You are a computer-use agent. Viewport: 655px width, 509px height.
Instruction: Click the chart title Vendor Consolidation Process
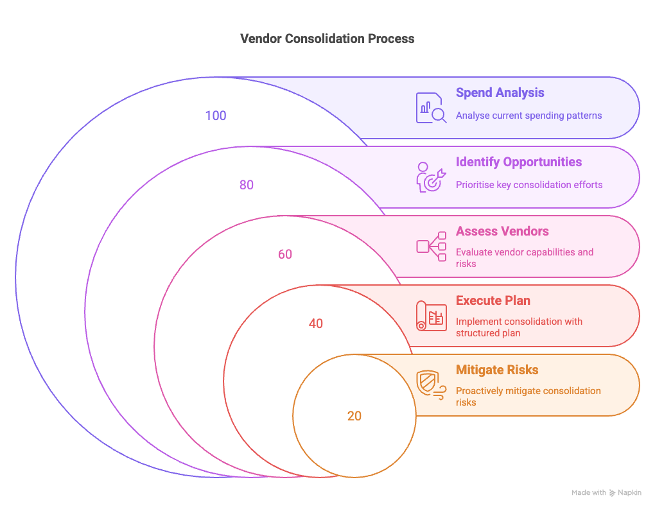(327, 39)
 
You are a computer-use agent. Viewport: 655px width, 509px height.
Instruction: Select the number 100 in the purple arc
(216, 116)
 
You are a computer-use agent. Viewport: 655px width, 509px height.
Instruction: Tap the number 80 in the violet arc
(247, 185)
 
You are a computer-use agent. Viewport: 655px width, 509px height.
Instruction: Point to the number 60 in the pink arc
(285, 254)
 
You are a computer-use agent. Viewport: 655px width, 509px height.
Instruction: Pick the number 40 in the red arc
(315, 324)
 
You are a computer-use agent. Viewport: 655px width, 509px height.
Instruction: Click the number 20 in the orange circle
(354, 416)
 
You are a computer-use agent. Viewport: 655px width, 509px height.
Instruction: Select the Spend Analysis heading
(500, 92)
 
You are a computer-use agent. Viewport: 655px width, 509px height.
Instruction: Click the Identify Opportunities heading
(518, 162)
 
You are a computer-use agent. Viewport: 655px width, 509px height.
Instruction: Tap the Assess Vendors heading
(503, 231)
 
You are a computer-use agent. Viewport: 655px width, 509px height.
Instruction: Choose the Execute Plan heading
(493, 300)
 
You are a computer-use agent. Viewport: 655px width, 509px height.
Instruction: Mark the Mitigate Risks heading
(497, 370)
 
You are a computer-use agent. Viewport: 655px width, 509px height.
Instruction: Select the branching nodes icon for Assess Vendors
(431, 246)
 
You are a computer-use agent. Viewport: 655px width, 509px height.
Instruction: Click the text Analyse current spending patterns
(528, 116)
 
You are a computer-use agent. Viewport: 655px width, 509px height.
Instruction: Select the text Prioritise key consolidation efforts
(529, 185)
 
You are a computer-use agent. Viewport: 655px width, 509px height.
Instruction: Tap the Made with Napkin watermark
(606, 493)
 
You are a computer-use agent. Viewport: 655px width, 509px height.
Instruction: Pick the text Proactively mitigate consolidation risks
(528, 396)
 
